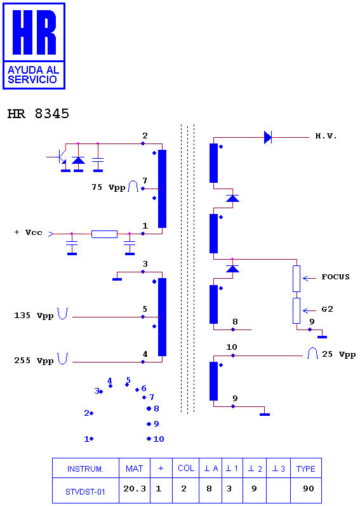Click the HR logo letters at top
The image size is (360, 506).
point(34,32)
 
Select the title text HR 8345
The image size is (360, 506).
point(38,114)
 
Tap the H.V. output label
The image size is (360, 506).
point(326,136)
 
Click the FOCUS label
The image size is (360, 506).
point(335,277)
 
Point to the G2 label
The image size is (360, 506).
point(327,309)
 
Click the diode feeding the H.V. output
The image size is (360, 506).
point(268,138)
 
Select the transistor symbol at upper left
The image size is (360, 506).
point(61,157)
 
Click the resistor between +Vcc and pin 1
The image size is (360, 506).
point(104,234)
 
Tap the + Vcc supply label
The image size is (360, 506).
point(29,232)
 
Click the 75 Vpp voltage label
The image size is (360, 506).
point(109,187)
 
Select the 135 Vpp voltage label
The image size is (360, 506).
point(34,316)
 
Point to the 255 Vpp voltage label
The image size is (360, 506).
point(34,361)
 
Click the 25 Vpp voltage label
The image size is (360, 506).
point(338,354)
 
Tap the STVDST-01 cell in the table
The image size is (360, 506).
point(85,492)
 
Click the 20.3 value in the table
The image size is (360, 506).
point(135,489)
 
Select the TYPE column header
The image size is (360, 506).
point(306,469)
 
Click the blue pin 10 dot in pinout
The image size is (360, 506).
point(149,439)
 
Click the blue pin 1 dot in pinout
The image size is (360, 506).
point(91,439)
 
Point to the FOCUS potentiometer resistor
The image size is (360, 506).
point(297,279)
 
